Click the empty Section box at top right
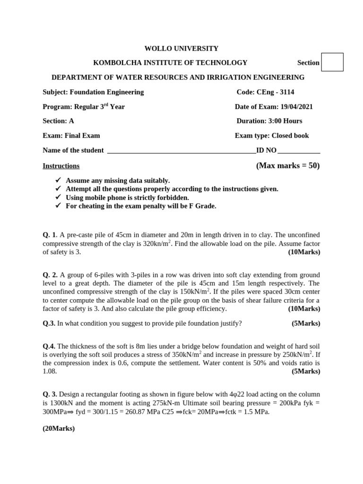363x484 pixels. point(332,62)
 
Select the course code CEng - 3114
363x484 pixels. point(275,92)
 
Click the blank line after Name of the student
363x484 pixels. point(182,151)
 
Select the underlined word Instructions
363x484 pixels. point(61,166)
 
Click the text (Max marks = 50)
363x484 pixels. point(288,166)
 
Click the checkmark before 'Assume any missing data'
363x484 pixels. point(58,180)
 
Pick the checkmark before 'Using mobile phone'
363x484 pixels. point(58,197)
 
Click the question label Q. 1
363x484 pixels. point(50,235)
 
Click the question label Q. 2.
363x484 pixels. point(50,275)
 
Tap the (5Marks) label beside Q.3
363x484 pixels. point(305,323)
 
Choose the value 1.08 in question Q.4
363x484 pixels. point(50,372)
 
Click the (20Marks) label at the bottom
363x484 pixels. point(59,429)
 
